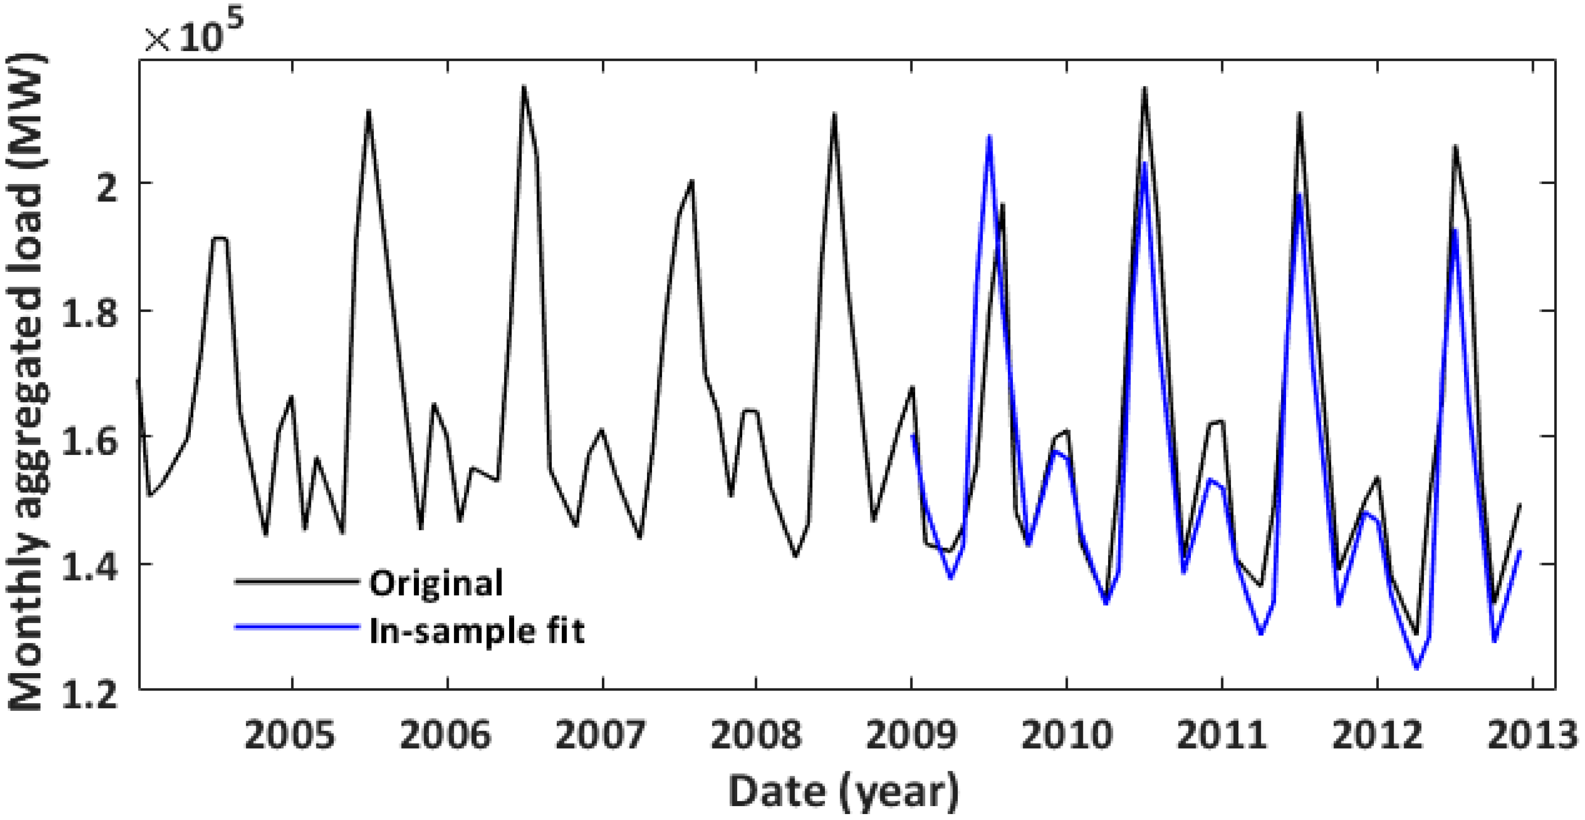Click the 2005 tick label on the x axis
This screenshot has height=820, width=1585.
pyautogui.click(x=290, y=736)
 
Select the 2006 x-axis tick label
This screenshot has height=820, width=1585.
pyautogui.click(x=446, y=736)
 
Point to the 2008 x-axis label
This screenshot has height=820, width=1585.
pyautogui.click(x=756, y=736)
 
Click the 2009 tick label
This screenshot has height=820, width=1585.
pyautogui.click(x=911, y=736)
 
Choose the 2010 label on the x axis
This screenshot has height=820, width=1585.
pyautogui.click(x=1067, y=736)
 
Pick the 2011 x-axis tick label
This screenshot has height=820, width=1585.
pyautogui.click(x=1222, y=736)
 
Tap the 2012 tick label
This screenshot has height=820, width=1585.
pyautogui.click(x=1378, y=736)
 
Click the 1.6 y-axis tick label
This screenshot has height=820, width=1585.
pyautogui.click(x=90, y=439)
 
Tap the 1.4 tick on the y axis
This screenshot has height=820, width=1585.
pyautogui.click(x=90, y=565)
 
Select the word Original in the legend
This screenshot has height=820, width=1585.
pyautogui.click(x=436, y=583)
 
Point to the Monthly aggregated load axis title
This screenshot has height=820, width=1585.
pyautogui.click(x=26, y=381)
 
